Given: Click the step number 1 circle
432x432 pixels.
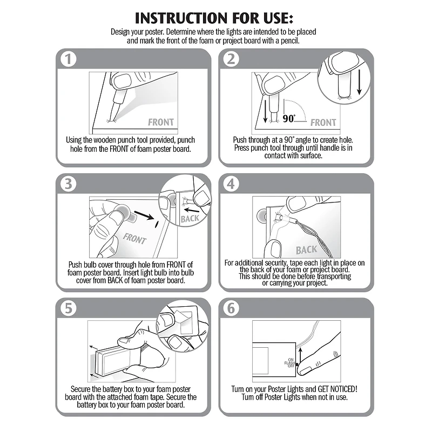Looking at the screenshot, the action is pos(68,59).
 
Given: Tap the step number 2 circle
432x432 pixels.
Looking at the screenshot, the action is pos(231,59).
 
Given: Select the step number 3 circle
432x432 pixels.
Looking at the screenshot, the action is pos(68,184).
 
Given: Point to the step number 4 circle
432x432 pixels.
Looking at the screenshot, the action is pos(231,184).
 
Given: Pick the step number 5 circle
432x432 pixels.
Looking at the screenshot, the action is pos(68,308).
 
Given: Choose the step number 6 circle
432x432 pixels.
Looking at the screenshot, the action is pos(231,308).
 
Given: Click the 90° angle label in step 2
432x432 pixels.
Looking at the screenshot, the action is pos(289,118).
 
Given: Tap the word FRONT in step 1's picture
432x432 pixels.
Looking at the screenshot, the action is pos(161,122).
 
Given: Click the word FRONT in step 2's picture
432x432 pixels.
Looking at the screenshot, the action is pos(323,123).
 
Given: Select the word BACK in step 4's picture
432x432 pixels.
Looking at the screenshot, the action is pos(306,250).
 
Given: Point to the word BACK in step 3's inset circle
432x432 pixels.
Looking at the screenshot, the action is pos(190,219).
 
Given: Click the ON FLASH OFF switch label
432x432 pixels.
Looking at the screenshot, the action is pos(290,363).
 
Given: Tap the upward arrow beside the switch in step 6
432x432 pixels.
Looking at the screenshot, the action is pos(300,356).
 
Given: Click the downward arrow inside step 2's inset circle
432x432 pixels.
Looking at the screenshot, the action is pos(359,82).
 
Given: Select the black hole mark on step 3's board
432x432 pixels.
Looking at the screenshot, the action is pos(157,224).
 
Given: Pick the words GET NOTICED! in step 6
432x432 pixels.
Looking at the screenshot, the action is pos(337,389).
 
